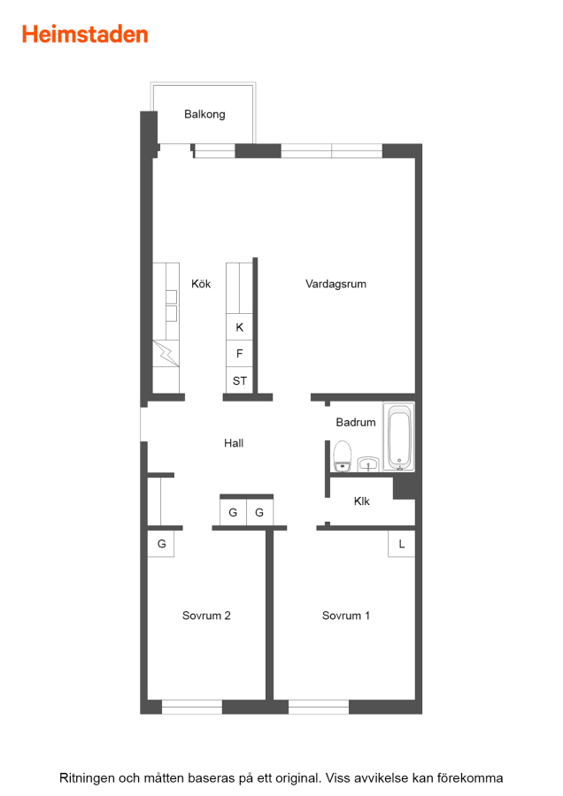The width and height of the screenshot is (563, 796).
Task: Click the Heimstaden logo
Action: tap(85, 34)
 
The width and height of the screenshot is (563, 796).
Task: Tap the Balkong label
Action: tap(204, 114)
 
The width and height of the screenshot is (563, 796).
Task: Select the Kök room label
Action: tap(201, 284)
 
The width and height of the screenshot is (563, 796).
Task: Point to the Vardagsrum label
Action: tap(335, 284)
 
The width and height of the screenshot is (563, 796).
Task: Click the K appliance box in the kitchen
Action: tap(239, 327)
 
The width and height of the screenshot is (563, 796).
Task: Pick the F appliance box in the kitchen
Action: tap(239, 353)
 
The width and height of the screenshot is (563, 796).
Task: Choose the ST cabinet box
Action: tap(239, 380)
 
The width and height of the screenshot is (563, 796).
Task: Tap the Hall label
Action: tap(234, 443)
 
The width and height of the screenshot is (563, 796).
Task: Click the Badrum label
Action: tap(356, 423)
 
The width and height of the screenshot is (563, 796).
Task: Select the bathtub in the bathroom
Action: tap(399, 437)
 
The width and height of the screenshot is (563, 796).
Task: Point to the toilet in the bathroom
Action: tap(342, 455)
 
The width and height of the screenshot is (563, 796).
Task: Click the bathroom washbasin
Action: tap(368, 464)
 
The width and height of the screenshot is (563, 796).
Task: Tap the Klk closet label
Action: tap(362, 501)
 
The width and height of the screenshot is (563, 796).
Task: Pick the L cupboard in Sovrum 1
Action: tap(401, 544)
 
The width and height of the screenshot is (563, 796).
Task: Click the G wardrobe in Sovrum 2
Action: tap(161, 544)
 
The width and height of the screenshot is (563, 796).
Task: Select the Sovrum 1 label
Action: tap(346, 616)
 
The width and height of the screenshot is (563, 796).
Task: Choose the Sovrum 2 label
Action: tap(206, 616)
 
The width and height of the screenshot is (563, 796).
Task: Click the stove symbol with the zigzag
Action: tap(166, 353)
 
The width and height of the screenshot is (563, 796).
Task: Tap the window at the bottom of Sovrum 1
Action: tap(319, 708)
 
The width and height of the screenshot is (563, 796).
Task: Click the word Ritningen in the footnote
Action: tap(87, 778)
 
